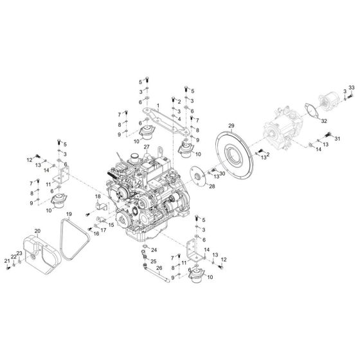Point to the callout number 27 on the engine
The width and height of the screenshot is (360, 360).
pos(146,148)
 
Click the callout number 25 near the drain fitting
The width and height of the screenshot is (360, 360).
pos(154,261)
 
